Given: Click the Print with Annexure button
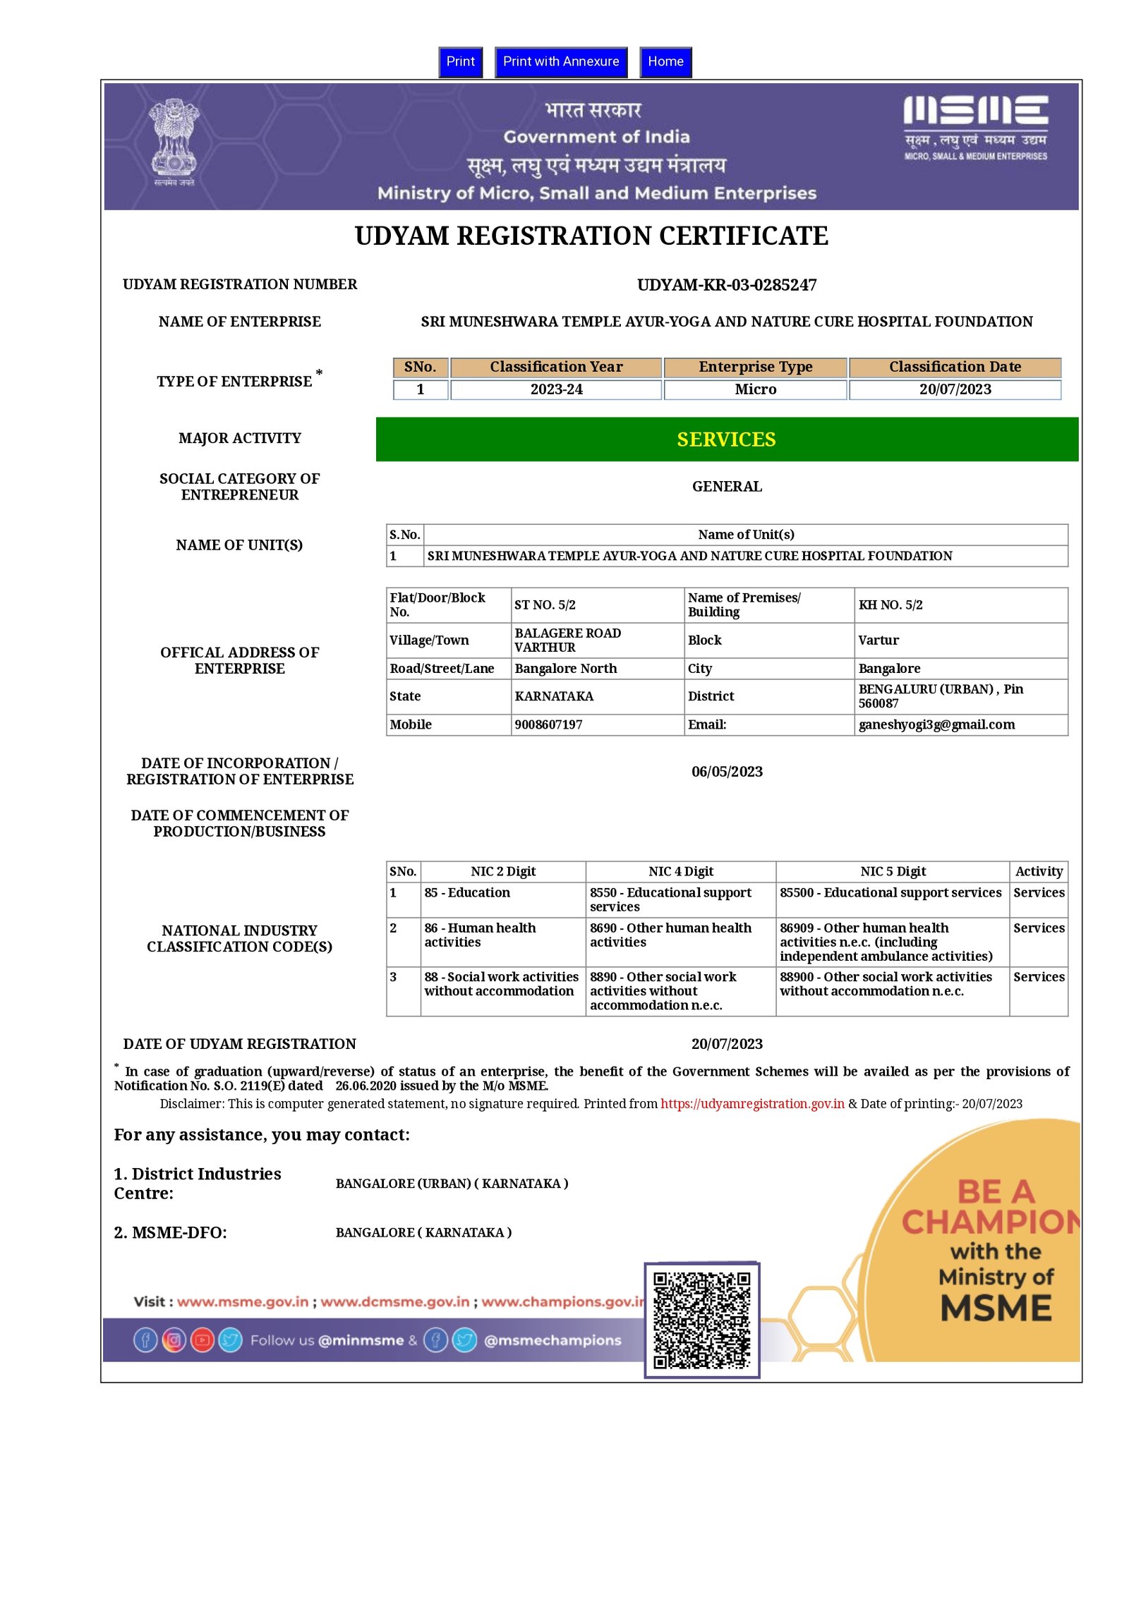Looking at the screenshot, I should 560,62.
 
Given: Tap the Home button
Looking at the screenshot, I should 665,62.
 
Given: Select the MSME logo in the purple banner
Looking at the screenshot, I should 975,128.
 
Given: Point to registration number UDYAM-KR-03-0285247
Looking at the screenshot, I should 726,285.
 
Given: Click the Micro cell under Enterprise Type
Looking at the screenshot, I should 755,389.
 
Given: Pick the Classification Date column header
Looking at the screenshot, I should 954,367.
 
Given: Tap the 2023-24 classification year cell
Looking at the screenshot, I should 556,389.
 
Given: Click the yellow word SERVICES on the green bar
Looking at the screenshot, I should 726,439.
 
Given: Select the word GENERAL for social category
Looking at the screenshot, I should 726,487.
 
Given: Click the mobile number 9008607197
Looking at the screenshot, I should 548,724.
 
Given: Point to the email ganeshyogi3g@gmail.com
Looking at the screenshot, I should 936,724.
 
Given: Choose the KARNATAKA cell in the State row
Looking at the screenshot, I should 554,696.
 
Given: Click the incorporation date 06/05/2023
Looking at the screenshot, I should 726,772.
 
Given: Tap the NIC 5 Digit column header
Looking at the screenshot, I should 892,871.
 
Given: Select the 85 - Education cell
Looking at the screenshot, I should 467,892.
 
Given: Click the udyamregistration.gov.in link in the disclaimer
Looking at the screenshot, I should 751,1104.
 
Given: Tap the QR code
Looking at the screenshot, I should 701,1320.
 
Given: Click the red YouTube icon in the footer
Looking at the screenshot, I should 202,1340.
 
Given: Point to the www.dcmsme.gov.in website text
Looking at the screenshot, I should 394,1302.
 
